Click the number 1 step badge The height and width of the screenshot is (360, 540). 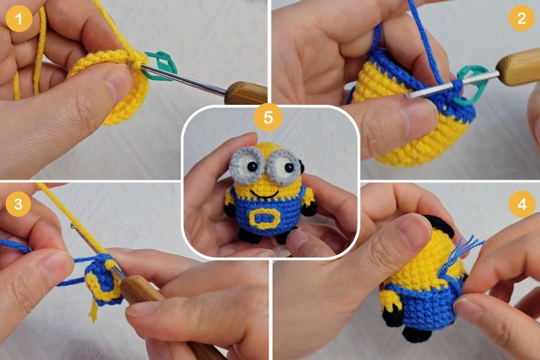[18, 18]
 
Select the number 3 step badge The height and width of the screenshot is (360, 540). [18, 202]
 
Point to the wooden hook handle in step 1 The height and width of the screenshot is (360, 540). [245, 93]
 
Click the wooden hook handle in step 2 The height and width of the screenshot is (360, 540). [518, 69]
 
